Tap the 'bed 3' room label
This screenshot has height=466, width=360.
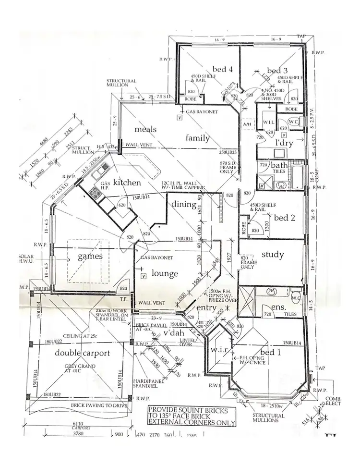[x=277, y=71]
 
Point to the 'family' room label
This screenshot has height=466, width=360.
[x=198, y=138]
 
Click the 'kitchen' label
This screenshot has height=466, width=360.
[x=127, y=183]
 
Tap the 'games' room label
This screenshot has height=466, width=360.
[x=90, y=257]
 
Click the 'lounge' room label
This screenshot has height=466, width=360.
[x=165, y=273]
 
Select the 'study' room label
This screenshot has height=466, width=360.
[x=272, y=255]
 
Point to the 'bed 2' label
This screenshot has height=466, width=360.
[x=284, y=218]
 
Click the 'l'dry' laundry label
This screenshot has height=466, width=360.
[x=284, y=143]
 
